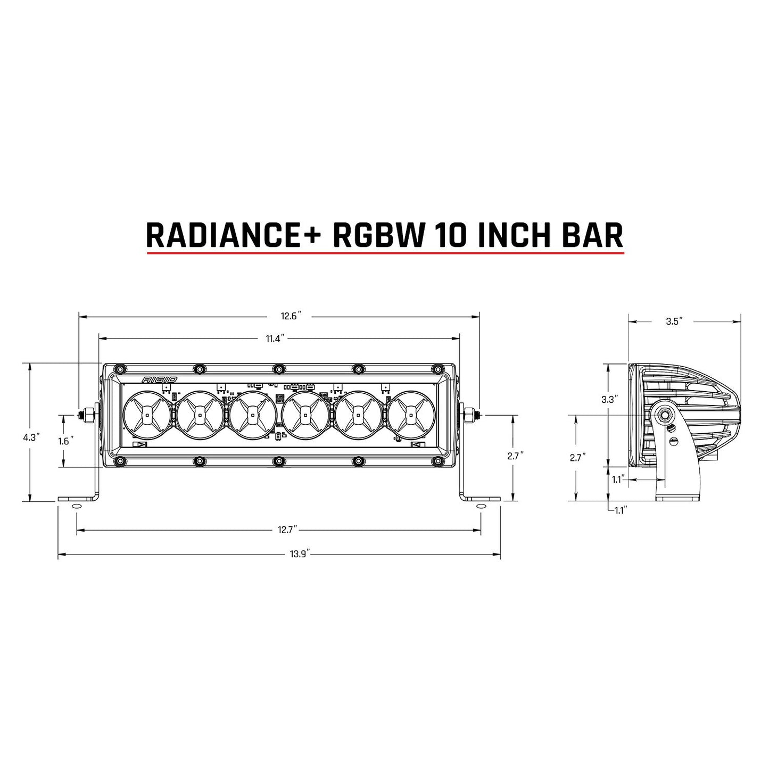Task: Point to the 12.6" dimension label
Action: tap(292, 316)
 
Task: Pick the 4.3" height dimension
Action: tap(30, 437)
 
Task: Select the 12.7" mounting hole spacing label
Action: tap(287, 530)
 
